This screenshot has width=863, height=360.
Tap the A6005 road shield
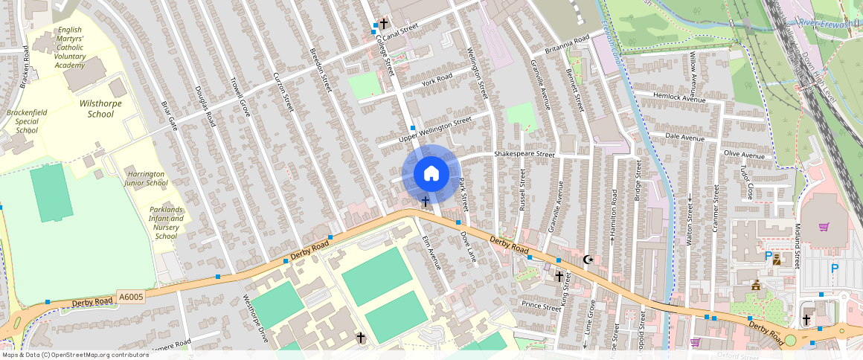131,297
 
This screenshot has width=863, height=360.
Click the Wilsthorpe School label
100,109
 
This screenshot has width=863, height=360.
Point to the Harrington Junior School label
146,178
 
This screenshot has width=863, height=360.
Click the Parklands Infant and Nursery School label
167,222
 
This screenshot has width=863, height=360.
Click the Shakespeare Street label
525,155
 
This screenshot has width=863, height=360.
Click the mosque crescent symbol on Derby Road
588,260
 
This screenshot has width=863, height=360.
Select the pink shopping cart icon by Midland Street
824,227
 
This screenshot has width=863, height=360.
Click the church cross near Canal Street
384,24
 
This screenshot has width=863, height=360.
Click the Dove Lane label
467,246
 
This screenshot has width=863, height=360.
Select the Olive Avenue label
744,156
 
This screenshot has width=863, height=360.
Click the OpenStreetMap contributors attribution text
75,355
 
